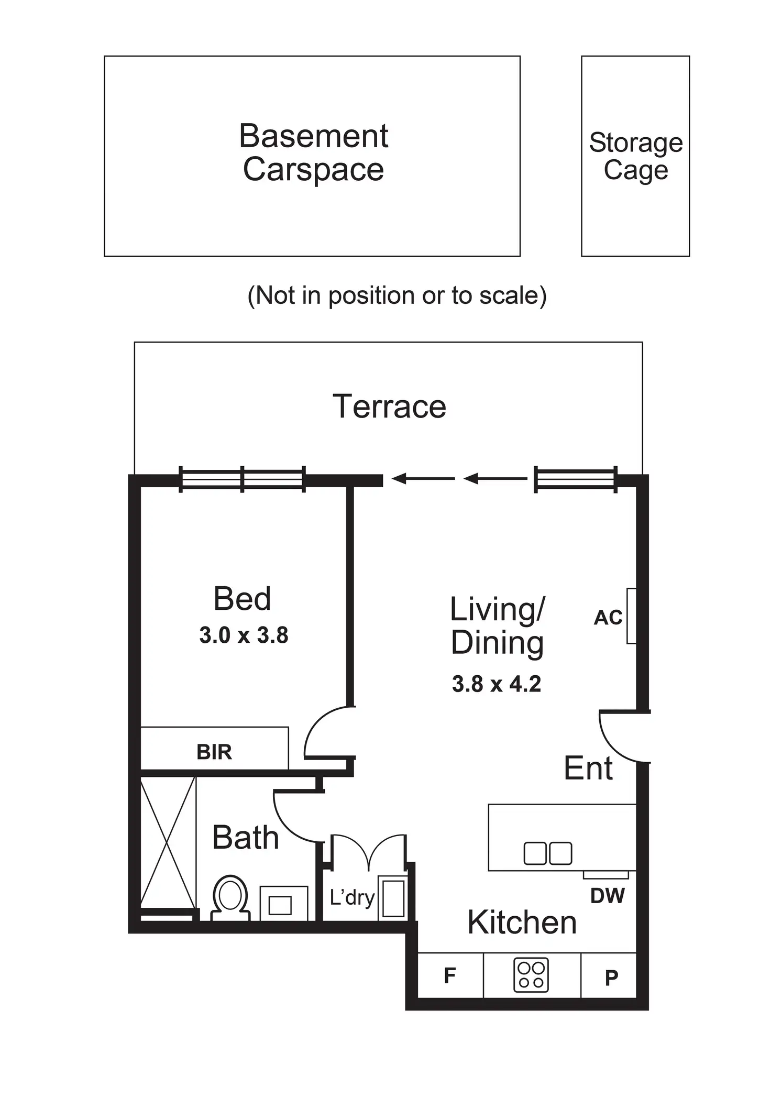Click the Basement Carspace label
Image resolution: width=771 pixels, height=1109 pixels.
(313, 153)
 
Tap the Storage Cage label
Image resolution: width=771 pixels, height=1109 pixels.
(636, 156)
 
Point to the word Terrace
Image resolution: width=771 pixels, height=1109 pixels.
(389, 407)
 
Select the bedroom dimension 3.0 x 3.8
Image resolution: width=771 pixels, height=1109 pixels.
(244, 635)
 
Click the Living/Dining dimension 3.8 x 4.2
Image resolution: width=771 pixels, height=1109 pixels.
(497, 684)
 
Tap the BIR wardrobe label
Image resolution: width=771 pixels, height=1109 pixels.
(214, 752)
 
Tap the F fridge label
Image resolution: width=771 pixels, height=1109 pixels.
(449, 976)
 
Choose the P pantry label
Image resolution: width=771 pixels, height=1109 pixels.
(611, 978)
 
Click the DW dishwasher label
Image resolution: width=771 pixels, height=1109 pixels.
(607, 896)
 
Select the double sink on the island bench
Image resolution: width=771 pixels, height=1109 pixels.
(548, 853)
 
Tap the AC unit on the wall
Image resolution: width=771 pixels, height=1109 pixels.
(631, 616)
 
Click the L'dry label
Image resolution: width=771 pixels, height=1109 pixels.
(352, 898)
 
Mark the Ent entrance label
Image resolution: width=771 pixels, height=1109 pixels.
(588, 768)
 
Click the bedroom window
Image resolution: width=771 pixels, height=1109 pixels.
(242, 479)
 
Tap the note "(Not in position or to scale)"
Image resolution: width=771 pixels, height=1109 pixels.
(396, 295)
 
